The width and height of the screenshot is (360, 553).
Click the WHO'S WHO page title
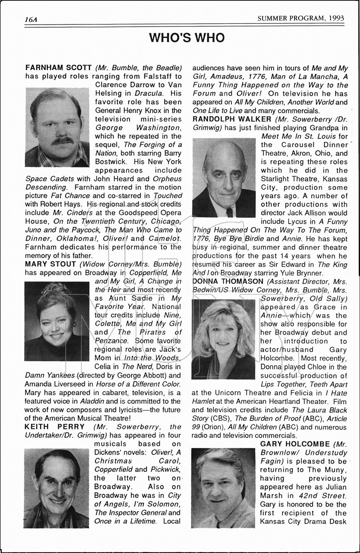coord(187,38)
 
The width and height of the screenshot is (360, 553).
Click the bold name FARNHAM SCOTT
coord(58,68)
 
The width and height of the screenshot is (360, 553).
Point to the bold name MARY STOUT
coord(50,264)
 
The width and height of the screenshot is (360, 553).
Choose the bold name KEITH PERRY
coord(55,427)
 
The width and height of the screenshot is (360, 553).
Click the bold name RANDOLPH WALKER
coord(232,119)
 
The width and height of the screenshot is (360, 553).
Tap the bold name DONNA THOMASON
coord(228,281)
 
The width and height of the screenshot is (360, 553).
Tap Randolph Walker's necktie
coord(230,212)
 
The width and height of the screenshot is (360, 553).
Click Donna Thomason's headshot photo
coord(223,339)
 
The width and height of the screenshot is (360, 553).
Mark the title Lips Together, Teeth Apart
coord(304,384)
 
